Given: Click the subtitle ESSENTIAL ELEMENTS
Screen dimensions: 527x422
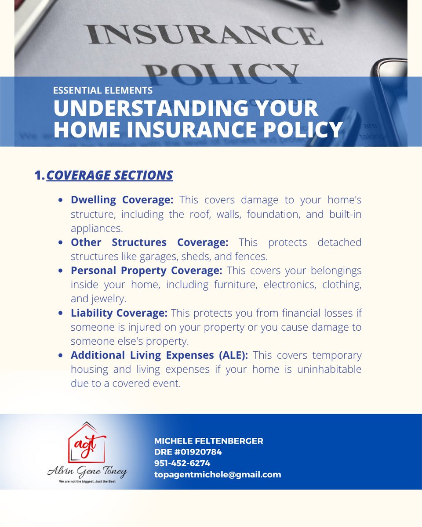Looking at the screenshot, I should (x=103, y=90).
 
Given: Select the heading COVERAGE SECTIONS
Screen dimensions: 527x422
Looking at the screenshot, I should (x=109, y=175).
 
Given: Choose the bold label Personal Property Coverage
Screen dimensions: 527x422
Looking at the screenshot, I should (x=147, y=271).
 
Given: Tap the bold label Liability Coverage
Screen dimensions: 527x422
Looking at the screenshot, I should (x=119, y=313).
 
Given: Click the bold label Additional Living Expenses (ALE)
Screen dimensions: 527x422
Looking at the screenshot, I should (x=159, y=355).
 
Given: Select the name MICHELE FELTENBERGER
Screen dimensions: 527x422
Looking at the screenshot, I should (x=208, y=441).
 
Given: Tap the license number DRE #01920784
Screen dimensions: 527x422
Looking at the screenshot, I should (x=188, y=452).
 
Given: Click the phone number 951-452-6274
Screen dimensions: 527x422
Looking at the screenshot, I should (x=182, y=463).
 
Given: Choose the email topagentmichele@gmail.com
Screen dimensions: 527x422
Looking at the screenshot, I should (x=217, y=474).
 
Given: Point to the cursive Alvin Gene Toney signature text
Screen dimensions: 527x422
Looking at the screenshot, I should (x=87, y=472).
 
